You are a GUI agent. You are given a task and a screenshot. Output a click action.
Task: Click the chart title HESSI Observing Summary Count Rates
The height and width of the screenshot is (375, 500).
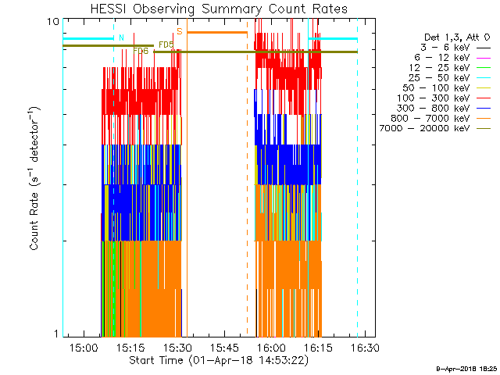point(218,9)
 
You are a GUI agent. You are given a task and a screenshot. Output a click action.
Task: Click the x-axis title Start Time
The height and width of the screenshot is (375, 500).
point(218,360)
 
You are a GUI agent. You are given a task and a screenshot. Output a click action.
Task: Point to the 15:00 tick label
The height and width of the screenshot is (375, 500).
point(83,347)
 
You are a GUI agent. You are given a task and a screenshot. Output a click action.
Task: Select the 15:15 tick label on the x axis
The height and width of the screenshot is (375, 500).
point(130,347)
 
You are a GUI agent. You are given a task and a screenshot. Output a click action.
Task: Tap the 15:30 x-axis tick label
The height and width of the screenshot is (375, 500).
point(177,347)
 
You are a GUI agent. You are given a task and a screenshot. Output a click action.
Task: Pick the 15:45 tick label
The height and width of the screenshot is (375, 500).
point(224,347)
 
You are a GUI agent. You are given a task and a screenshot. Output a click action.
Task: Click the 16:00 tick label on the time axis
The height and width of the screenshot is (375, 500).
point(271,347)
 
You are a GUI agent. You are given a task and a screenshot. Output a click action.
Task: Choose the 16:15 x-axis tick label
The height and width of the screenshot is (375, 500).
point(318,347)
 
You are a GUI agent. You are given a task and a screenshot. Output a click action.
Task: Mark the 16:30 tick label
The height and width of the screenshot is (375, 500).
point(365,347)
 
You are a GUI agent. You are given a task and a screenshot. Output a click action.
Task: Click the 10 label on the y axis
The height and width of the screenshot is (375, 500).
point(53,21)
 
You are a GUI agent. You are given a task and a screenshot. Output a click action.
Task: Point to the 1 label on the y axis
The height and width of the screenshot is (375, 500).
point(55,334)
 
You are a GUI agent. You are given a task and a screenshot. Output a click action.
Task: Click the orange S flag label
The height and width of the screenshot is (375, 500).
point(179,31)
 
